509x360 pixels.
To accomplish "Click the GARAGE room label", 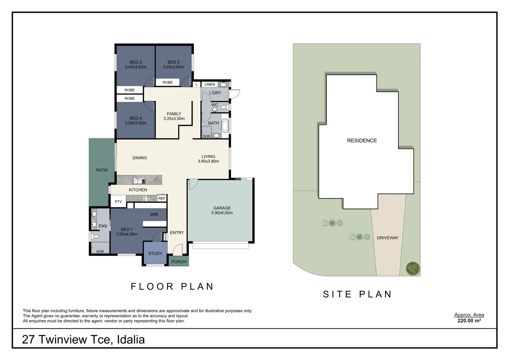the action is pos(222,208).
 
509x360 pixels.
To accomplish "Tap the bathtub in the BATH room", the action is pos(225,126).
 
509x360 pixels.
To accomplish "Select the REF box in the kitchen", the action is pos(162,198).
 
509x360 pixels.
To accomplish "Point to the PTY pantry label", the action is pos(118,202).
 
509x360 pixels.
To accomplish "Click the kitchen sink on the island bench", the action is pos(138,181).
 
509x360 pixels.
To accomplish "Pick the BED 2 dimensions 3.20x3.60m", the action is pos(173,67).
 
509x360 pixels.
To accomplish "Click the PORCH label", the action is pos(179,262).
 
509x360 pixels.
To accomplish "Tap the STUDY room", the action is pos(155,254).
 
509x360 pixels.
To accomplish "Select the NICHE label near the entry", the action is pos(166,237).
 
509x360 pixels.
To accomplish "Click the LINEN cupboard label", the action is pos(210,84).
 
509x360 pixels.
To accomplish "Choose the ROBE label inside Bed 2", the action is pos(168,82).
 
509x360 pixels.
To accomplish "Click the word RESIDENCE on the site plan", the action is pos(362,141).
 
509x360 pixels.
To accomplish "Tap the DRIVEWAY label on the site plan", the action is pos(388,238).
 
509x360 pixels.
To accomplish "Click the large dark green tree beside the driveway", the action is pos(413,269).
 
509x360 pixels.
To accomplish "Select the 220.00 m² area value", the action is pos(469,321).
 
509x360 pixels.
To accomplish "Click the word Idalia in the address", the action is pos(131,340).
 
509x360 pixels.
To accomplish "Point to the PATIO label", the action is pos(102,170).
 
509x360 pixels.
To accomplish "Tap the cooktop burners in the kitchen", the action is pos(146,198).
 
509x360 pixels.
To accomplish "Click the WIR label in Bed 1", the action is pos(154,214).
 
